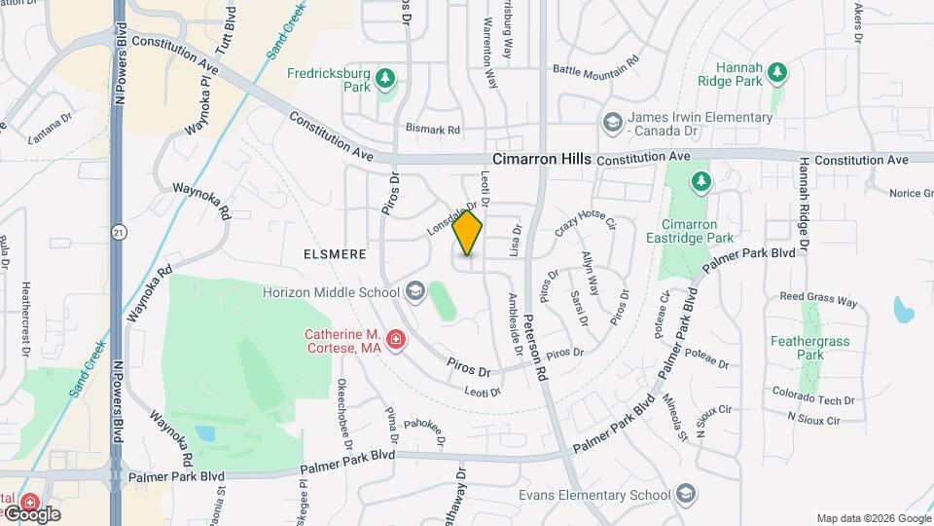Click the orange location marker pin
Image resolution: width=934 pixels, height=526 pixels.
tap(468, 233)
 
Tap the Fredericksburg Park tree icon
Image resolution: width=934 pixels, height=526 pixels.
tap(386, 77)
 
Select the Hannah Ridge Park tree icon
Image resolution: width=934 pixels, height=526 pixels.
tap(776, 71)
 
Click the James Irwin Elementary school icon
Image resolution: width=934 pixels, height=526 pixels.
tap(612, 123)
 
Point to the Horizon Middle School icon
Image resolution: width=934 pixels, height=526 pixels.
tap(415, 291)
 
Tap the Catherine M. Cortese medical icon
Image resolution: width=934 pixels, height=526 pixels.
tap(396, 339)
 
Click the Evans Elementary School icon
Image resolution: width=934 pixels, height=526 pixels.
tap(687, 493)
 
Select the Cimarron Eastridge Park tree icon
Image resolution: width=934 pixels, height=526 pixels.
tap(700, 181)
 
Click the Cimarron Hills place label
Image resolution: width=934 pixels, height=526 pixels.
tap(541, 159)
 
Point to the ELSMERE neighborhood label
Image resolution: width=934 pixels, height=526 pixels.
tap(334, 254)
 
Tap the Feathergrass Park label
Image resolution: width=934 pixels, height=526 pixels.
tap(798, 348)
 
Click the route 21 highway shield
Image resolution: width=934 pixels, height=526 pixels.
tap(119, 233)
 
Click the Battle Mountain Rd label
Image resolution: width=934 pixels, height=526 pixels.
tap(595, 65)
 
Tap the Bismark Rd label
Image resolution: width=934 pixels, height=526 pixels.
tap(432, 130)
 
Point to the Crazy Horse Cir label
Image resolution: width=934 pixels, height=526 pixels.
tap(586, 224)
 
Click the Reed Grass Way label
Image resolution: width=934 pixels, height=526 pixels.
tap(819, 300)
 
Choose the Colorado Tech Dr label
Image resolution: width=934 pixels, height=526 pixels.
tap(813, 398)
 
